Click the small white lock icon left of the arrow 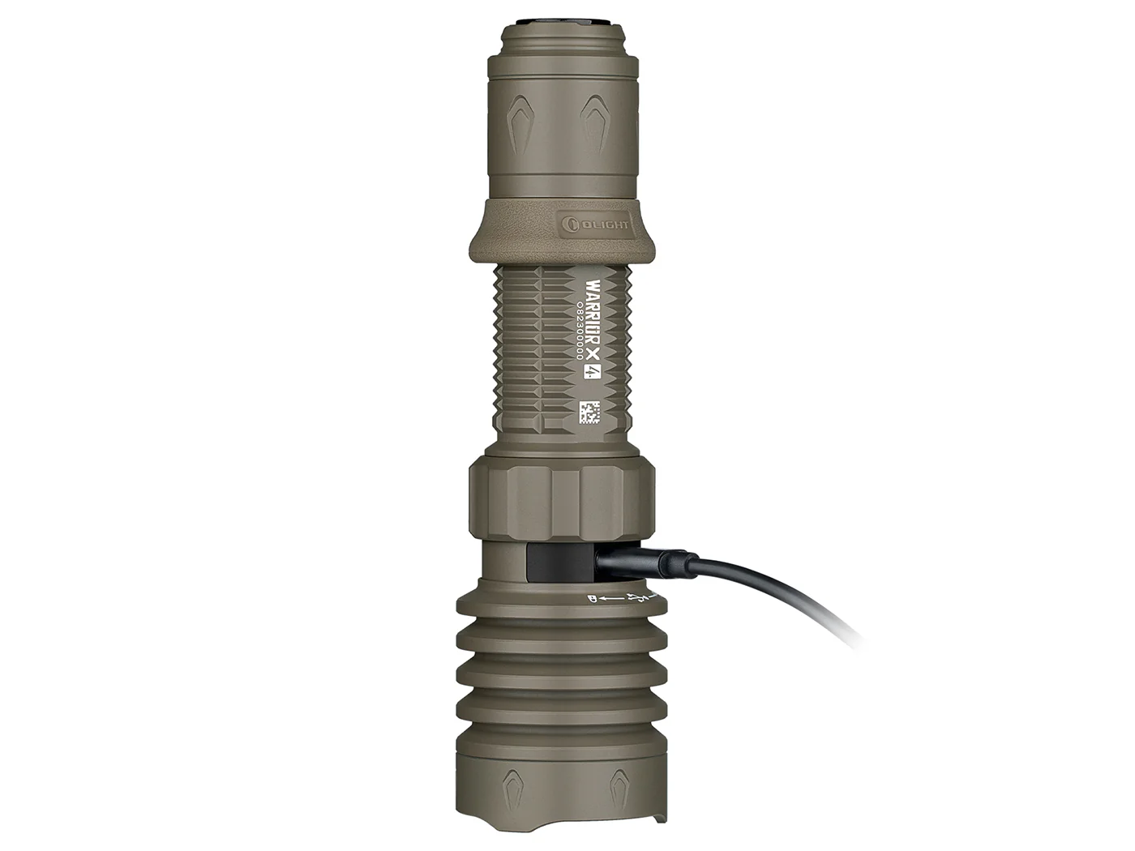(591, 598)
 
